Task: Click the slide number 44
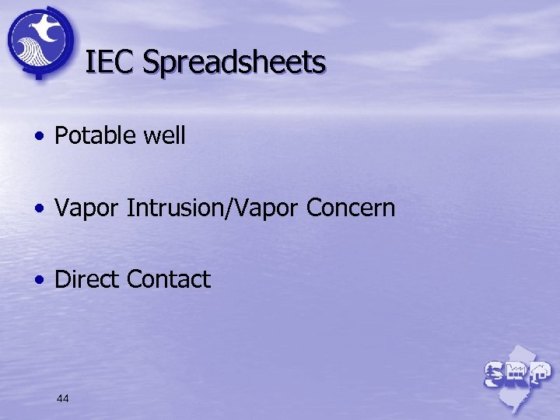(x=63, y=398)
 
